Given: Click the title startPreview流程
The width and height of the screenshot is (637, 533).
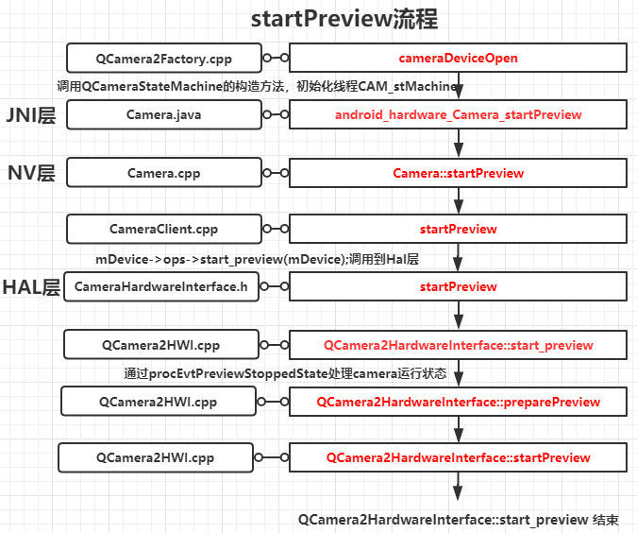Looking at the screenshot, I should (x=344, y=20).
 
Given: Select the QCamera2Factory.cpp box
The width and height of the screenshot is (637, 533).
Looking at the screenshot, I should (x=163, y=58).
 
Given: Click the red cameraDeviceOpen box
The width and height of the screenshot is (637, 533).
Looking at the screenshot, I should (x=458, y=58).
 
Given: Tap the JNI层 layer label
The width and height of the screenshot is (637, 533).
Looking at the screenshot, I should (x=31, y=115).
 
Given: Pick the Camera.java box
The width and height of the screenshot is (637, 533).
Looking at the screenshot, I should (x=163, y=114).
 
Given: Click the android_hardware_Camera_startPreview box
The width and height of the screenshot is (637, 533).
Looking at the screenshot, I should (x=458, y=114).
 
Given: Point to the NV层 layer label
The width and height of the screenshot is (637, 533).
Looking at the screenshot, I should (x=32, y=173).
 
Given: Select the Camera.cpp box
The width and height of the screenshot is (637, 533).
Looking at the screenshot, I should (x=163, y=173).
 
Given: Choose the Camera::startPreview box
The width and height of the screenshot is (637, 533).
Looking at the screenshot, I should (x=458, y=173).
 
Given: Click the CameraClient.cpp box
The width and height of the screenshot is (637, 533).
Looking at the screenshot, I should (x=163, y=229).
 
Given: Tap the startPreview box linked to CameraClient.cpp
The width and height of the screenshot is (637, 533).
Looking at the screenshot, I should (x=458, y=229).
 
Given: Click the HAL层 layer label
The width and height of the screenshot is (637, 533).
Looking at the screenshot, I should (x=32, y=287).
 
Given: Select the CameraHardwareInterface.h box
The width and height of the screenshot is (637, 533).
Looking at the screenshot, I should (x=161, y=286).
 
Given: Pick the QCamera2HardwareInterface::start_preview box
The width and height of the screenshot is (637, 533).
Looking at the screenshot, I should (x=458, y=345).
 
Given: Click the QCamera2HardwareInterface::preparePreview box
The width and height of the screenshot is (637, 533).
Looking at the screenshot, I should (x=458, y=402).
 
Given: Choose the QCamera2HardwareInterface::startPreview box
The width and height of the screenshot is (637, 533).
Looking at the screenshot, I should (x=458, y=457).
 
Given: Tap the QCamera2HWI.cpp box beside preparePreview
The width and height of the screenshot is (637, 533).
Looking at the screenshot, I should (x=158, y=402).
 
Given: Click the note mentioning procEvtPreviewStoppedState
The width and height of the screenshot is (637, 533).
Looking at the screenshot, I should (x=284, y=373).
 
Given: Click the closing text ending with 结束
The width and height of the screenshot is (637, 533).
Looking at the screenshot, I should (x=459, y=520).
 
